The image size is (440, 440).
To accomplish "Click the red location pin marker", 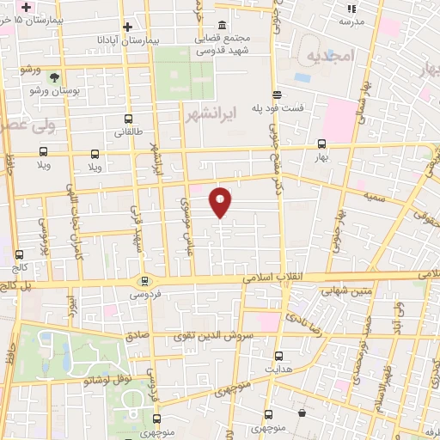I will (221, 203).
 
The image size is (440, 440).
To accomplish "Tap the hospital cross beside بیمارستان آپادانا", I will (128, 27).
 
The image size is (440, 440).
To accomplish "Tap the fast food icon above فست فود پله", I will (277, 95).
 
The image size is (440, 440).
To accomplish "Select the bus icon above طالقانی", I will (129, 119).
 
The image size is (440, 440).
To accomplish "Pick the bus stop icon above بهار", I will (321, 144).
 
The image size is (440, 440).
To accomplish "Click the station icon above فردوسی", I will (144, 279).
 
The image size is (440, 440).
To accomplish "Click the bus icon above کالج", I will (19, 254).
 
